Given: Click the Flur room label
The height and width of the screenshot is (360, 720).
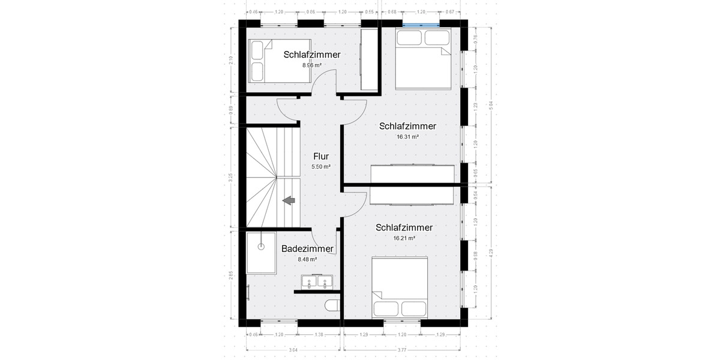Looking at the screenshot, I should tap(321, 157).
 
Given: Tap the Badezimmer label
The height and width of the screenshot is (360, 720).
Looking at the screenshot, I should tap(307, 248).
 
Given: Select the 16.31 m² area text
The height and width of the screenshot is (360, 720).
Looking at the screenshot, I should tap(407, 137).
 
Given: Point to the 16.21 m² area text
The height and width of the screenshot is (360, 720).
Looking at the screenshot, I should tap(404, 238).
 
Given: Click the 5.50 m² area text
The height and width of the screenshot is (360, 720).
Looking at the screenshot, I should tap(321, 167).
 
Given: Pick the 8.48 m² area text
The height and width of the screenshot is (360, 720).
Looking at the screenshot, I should tap(307, 259).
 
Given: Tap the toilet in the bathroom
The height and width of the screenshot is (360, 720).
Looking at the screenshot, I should tap(332, 307).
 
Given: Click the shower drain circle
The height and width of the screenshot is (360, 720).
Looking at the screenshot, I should tap(260, 247).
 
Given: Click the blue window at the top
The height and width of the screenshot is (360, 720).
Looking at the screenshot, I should tap(420, 24).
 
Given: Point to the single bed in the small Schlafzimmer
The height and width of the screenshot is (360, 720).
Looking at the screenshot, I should tap(280, 61).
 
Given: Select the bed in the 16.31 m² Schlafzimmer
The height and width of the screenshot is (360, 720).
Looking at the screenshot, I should tap(423, 59).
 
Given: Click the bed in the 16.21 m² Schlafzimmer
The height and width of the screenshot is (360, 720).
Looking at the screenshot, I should tap(400, 287).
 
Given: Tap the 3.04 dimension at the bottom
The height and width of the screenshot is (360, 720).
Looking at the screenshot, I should tap(293, 350).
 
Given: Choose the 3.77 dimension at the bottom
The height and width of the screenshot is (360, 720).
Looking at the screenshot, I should tap(401, 350).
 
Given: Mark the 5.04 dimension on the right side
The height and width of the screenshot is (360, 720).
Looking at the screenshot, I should tap(491, 105).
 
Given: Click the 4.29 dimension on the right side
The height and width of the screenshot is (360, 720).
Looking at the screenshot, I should tap(491, 253).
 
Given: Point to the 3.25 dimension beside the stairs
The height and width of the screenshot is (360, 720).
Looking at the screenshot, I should tap(231, 178).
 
